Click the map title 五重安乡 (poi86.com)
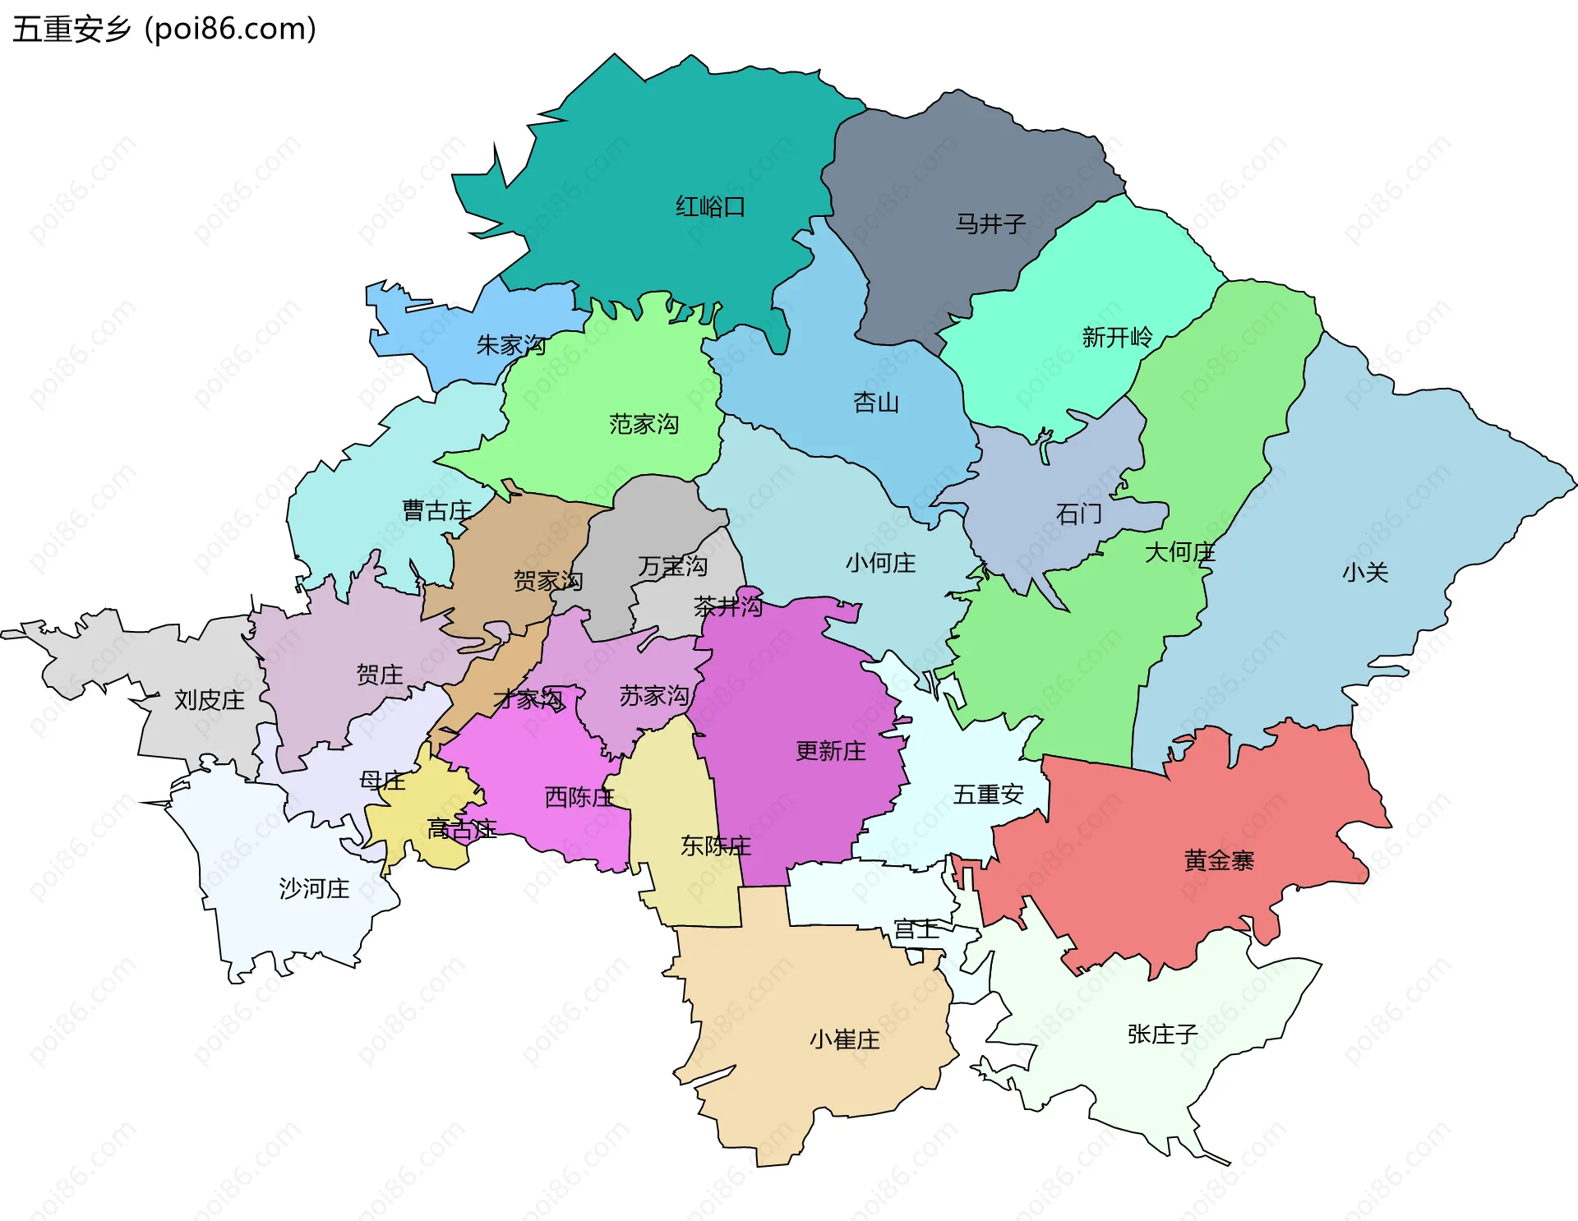point(164,29)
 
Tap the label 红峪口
point(710,206)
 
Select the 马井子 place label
point(990,223)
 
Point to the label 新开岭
point(1117,337)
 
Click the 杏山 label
point(876,403)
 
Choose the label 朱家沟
point(511,345)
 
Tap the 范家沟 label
point(644,424)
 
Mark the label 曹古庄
point(436,510)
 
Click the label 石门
point(1078,514)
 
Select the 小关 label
point(1365,573)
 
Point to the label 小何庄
point(880,563)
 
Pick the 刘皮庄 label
point(210,700)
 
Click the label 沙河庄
point(314,888)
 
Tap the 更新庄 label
point(830,751)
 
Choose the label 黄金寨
point(1219,860)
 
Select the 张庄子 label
point(1162,1034)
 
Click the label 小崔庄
point(844,1039)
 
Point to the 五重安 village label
point(988,795)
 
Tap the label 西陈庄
point(579,797)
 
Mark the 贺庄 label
point(380,675)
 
